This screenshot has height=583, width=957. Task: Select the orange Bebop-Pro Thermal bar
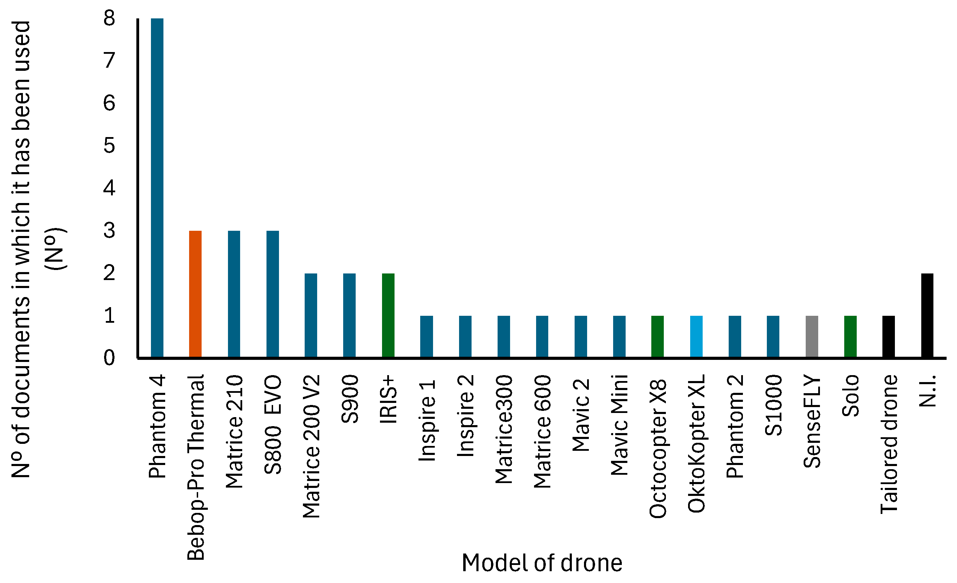[x=195, y=294]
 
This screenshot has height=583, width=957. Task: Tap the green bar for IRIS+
[x=388, y=315]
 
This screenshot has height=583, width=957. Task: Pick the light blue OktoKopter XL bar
[x=696, y=336]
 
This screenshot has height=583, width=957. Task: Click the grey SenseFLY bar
[x=812, y=336]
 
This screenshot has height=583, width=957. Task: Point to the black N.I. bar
[x=927, y=315]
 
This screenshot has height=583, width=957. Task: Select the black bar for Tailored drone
[x=889, y=336]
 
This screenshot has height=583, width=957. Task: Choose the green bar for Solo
[x=850, y=336]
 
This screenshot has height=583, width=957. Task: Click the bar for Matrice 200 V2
[x=311, y=315]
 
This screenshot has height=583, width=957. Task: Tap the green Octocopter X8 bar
[x=658, y=336]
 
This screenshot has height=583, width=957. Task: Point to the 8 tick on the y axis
[x=109, y=18]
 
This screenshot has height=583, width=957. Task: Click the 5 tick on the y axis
[x=109, y=146]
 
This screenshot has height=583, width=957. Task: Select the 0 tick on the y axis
[x=109, y=358]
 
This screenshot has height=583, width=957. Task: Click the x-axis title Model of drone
[x=542, y=563]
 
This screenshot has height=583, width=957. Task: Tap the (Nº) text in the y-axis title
[x=55, y=248]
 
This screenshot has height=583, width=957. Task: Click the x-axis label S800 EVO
[x=273, y=424]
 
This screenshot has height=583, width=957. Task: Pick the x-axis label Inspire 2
[x=465, y=416]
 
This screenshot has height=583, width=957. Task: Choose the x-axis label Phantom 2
[x=735, y=426]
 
